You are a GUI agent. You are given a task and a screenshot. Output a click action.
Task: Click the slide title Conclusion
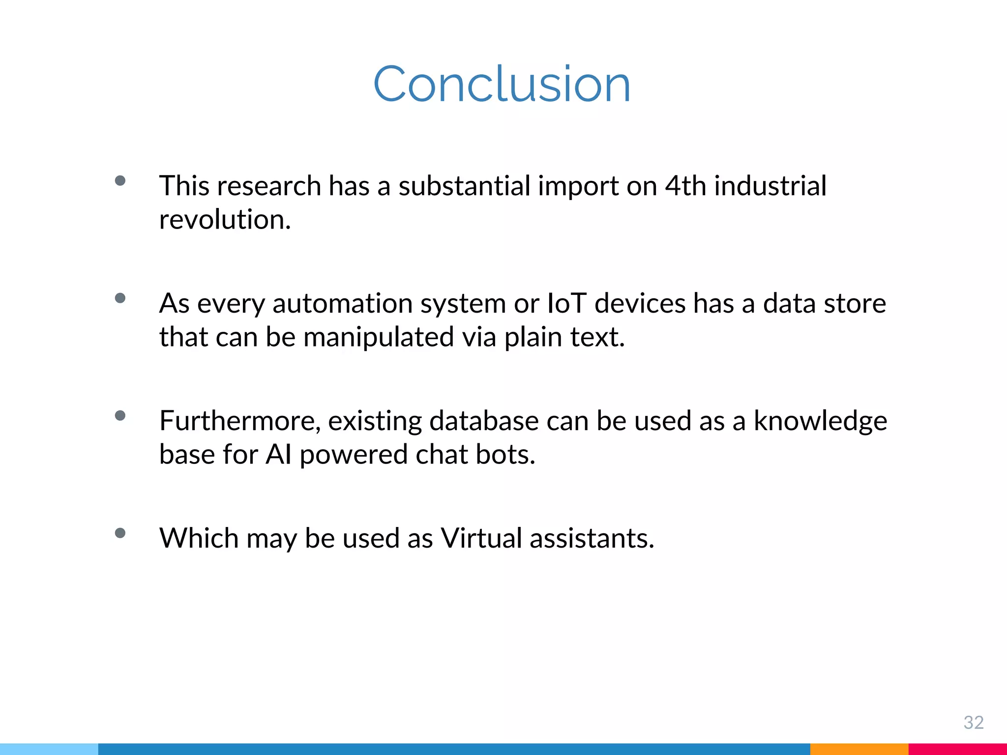coord(502,84)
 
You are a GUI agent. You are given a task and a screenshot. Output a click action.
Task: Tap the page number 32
coord(973,722)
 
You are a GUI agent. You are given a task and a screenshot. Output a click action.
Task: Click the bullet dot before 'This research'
coord(120,180)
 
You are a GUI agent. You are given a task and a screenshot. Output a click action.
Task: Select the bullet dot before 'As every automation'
coord(120,298)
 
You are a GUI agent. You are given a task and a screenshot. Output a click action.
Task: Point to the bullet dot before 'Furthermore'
coord(120,416)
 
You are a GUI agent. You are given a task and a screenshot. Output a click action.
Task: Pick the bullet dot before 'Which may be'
coord(120,533)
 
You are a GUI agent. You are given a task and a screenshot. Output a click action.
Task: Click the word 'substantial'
coord(464,186)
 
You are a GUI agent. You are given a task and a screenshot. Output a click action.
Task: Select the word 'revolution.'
coord(225,219)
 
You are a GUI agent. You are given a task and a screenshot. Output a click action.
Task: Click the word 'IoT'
coord(566,303)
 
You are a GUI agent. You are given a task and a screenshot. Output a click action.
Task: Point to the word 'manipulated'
coord(379,337)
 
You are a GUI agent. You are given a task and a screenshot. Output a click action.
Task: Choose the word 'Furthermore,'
coord(240,421)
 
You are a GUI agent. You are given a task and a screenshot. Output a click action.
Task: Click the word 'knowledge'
coord(820,422)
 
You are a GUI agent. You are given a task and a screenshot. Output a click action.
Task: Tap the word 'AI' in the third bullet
coord(279,454)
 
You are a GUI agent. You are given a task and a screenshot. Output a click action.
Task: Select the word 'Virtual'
coord(481,538)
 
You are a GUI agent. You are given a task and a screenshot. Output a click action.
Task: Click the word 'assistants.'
coord(592,538)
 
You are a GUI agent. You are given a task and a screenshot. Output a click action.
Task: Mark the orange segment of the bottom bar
coord(859,749)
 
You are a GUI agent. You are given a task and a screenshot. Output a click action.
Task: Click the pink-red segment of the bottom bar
coord(957,749)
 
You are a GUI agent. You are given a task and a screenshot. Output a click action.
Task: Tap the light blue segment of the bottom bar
coord(49,749)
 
